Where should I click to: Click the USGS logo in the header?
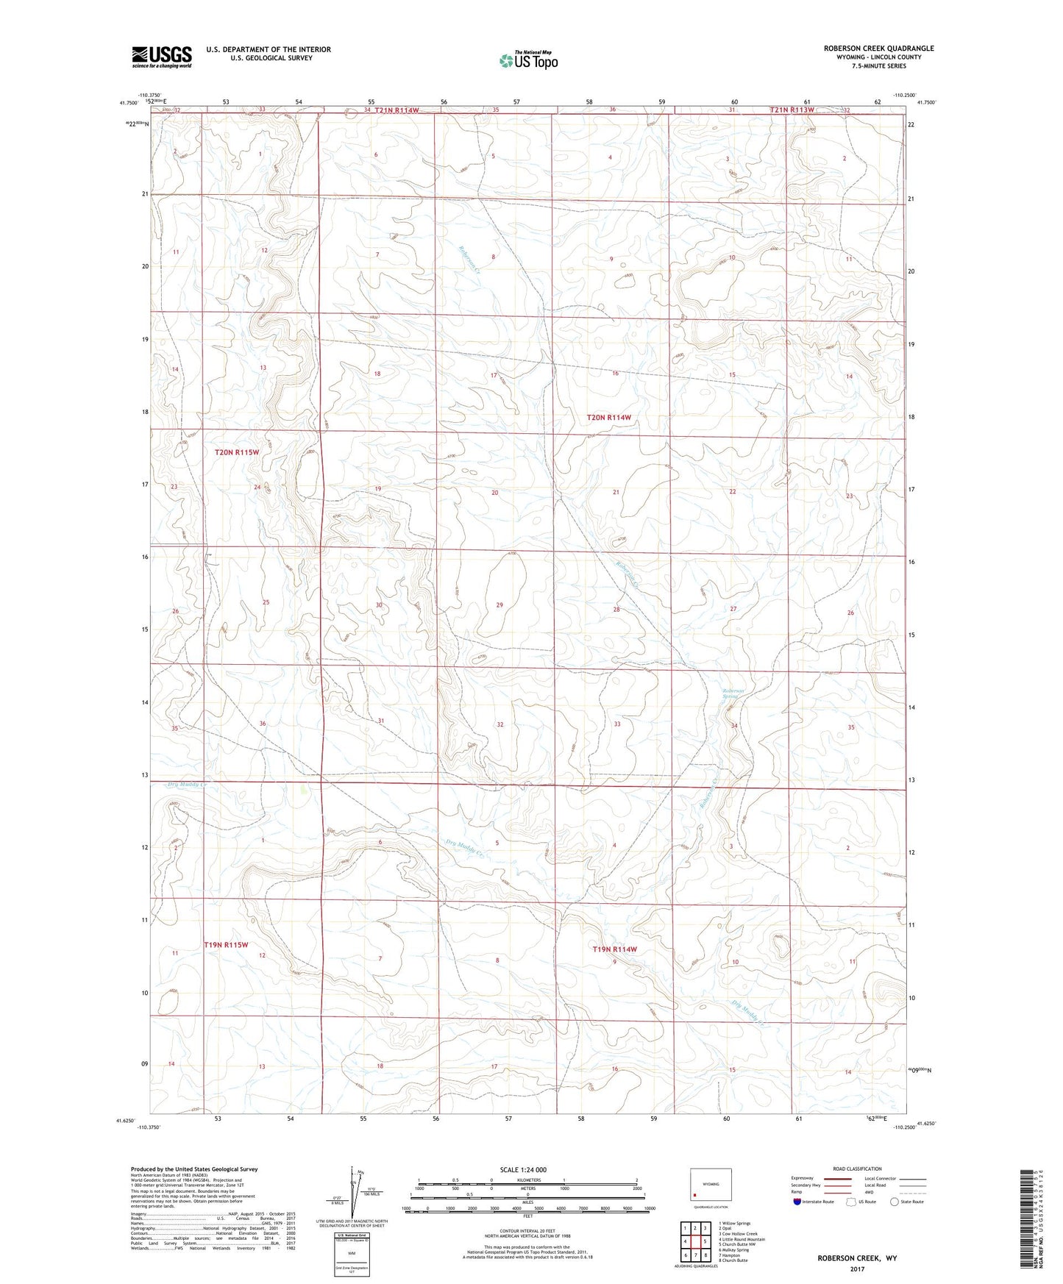pos(162,57)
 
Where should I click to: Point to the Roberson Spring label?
pos(733,694)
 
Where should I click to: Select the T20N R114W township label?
pos(608,417)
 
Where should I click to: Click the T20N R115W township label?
pos(237,452)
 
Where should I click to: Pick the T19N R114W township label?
pos(614,949)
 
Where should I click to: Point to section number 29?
pos(499,604)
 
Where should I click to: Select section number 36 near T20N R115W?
pos(262,724)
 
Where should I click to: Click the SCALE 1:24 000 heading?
pos(522,1169)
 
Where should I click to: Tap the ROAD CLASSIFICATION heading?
pos(857,1169)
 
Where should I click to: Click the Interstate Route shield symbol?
pos(797,1202)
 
